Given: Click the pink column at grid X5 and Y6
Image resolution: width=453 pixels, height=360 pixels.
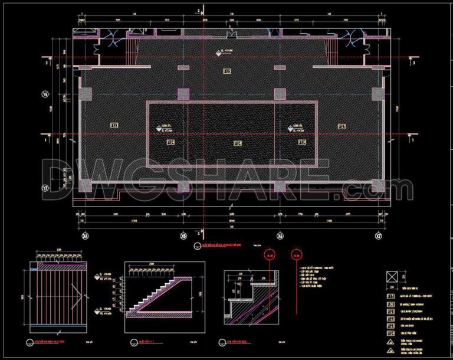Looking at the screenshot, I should (183, 94).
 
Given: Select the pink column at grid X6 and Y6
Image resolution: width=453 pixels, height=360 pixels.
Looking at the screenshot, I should (281, 94).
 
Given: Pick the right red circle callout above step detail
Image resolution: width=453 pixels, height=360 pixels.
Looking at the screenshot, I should (296, 255).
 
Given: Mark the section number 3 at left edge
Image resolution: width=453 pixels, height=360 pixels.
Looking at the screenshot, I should (45, 61).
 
